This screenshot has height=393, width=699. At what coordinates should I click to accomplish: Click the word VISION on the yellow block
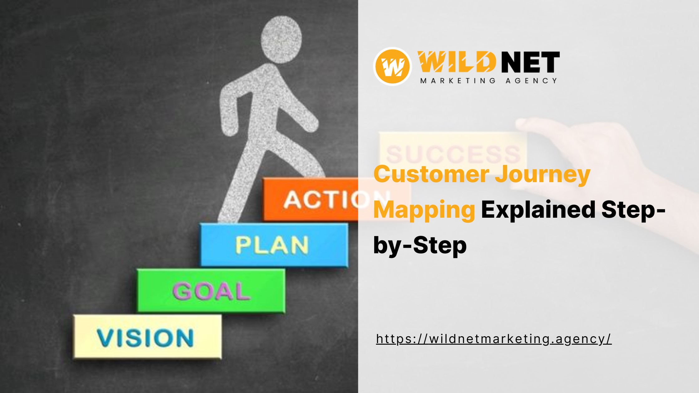coord(145,338)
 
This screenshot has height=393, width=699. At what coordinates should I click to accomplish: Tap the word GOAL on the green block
coord(211,291)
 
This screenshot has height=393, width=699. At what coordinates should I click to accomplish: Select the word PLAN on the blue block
coord(272,245)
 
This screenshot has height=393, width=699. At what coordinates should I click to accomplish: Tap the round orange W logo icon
coord(393,66)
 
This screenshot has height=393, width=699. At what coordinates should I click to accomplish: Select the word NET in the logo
coord(530,62)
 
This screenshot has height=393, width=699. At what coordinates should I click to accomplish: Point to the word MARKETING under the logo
coord(458,81)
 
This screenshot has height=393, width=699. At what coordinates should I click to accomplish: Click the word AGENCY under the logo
coord(531,81)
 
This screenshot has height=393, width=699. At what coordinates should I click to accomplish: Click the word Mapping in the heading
coord(424,211)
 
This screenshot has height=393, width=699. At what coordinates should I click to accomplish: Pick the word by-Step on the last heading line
coord(420,246)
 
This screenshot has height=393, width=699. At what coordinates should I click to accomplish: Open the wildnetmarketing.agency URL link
coord(494,339)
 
